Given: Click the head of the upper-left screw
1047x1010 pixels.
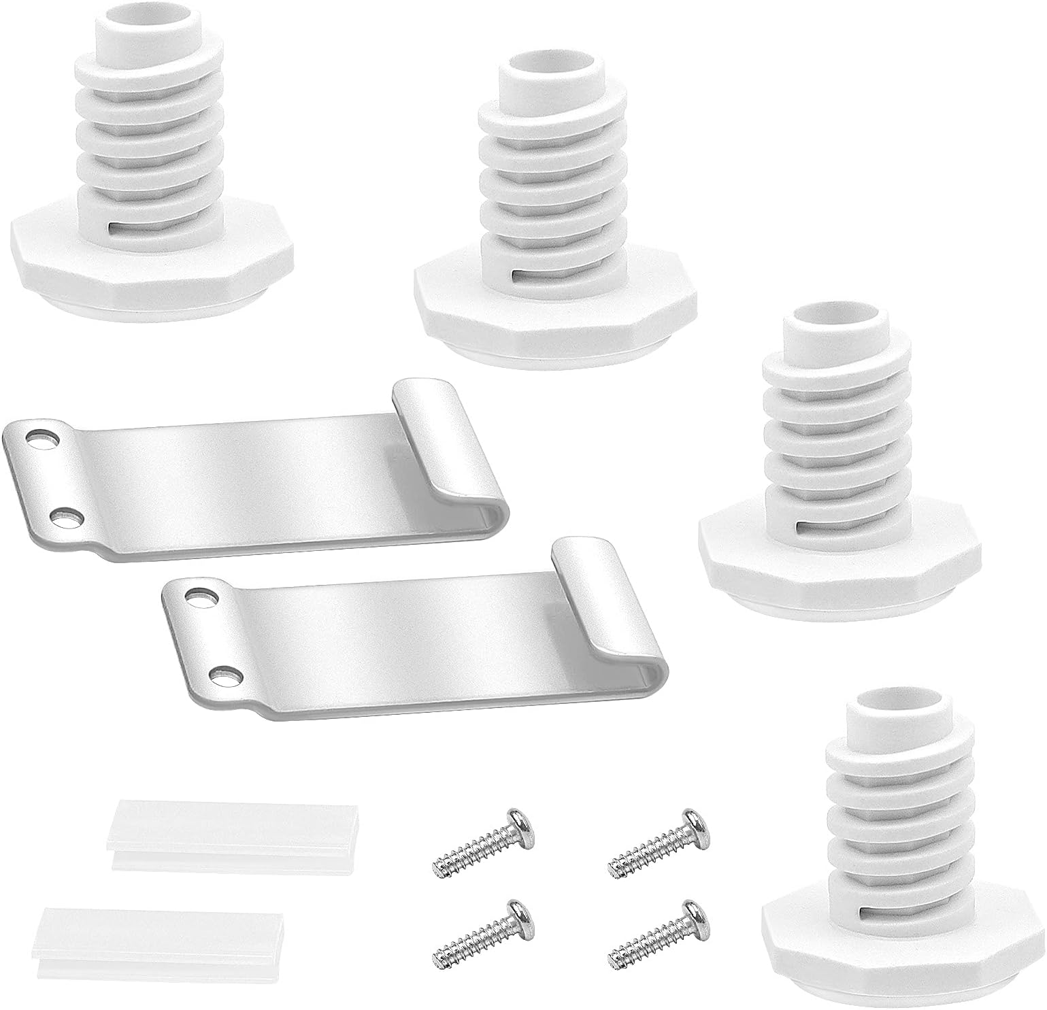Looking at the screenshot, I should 520,823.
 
